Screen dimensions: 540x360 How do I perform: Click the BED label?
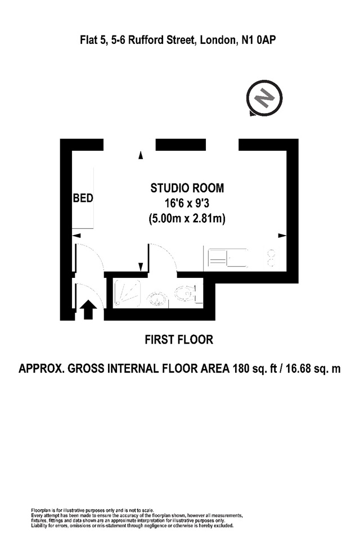tap(83, 199)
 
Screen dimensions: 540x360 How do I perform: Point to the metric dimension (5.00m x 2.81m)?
tap(187, 219)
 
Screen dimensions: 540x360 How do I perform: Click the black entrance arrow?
tap(88, 309)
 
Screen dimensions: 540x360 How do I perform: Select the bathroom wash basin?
tap(185, 293)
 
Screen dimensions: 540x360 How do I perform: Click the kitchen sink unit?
tap(228, 258)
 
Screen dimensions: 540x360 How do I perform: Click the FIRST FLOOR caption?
tap(179, 340)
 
